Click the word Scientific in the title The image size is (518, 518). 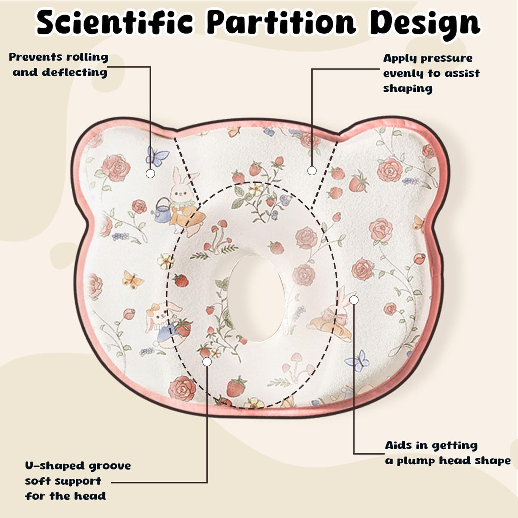115,24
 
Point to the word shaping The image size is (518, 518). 408,89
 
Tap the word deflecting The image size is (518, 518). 75,72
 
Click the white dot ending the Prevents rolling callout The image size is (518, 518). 151,174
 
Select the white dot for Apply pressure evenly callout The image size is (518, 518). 312,171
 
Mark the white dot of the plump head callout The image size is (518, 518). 354,300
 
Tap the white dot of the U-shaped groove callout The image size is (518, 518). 207,362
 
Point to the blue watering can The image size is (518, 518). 163,212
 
